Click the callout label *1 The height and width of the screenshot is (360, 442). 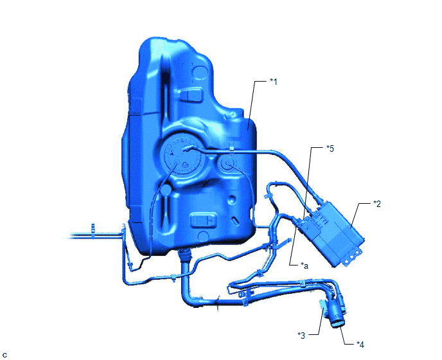(x=274, y=82)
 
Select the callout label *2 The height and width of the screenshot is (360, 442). (x=377, y=204)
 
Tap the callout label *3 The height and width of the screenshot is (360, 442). (x=301, y=336)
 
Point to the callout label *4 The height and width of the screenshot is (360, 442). (x=360, y=345)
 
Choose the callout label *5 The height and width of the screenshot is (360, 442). (x=330, y=148)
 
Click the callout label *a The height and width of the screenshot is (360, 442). (x=305, y=265)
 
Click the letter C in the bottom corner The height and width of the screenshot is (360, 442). (x=4, y=355)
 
